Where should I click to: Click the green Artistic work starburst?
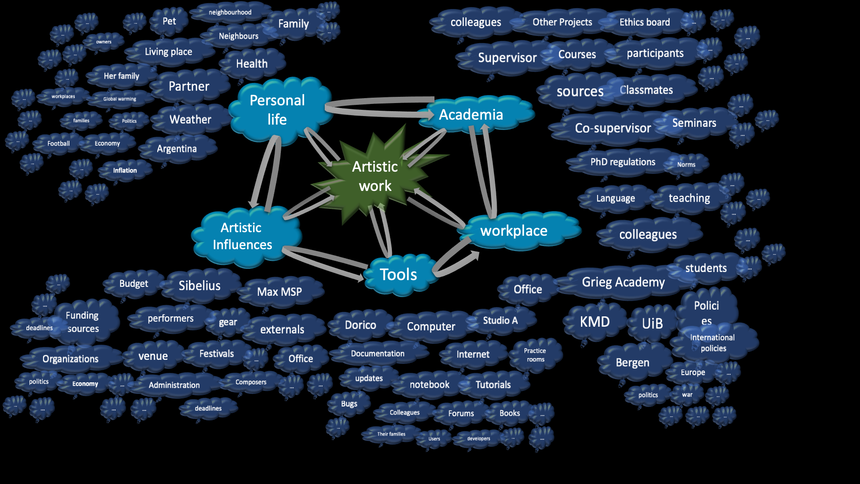[375, 176]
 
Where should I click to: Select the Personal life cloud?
[278, 110]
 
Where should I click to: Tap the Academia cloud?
[471, 115]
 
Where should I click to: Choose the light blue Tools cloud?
[398, 274]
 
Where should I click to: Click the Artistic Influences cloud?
[242, 236]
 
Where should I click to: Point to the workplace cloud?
[514, 231]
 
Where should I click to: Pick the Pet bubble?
[169, 21]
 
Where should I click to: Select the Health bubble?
[252, 64]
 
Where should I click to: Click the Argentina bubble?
[176, 149]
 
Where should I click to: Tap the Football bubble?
[59, 143]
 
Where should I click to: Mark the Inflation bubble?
[125, 170]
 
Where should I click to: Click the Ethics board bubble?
[645, 22]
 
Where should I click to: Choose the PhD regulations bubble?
[623, 162]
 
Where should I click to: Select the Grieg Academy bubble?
[623, 282]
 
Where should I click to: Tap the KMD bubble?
[595, 322]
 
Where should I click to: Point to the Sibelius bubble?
[199, 285]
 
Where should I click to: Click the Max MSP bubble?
[279, 292]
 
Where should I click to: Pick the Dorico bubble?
[361, 325]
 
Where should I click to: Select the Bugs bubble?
[349, 404]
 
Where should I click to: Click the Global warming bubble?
[120, 99]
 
